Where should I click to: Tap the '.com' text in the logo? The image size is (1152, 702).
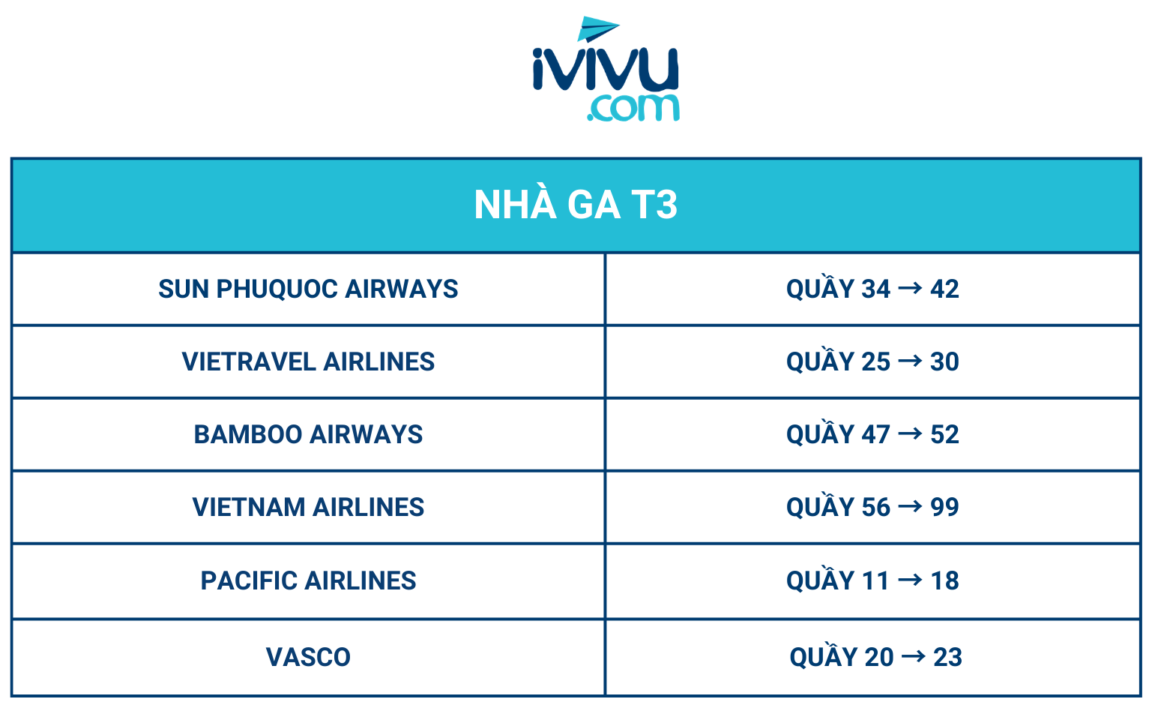633,108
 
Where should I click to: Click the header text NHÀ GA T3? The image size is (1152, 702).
576,205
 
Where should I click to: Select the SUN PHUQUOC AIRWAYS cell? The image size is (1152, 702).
308,289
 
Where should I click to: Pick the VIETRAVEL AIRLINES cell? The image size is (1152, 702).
308,361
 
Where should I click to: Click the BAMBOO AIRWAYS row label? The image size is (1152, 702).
308,434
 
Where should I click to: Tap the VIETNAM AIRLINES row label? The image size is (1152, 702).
308,507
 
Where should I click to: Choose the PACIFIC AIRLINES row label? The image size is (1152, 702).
308,580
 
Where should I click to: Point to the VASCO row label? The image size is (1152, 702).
308,657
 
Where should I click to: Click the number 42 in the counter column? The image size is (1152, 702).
944,289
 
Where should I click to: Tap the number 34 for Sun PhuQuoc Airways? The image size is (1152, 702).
876,289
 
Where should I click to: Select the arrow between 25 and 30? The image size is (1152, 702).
911,360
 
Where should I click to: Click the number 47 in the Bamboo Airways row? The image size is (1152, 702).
876,435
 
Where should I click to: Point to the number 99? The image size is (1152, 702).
944,508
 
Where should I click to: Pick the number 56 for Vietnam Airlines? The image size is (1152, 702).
876,508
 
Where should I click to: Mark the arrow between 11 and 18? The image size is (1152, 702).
911,580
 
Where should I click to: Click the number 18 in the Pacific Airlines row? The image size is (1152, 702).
944,581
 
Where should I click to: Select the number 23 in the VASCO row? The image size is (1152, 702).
948,657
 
